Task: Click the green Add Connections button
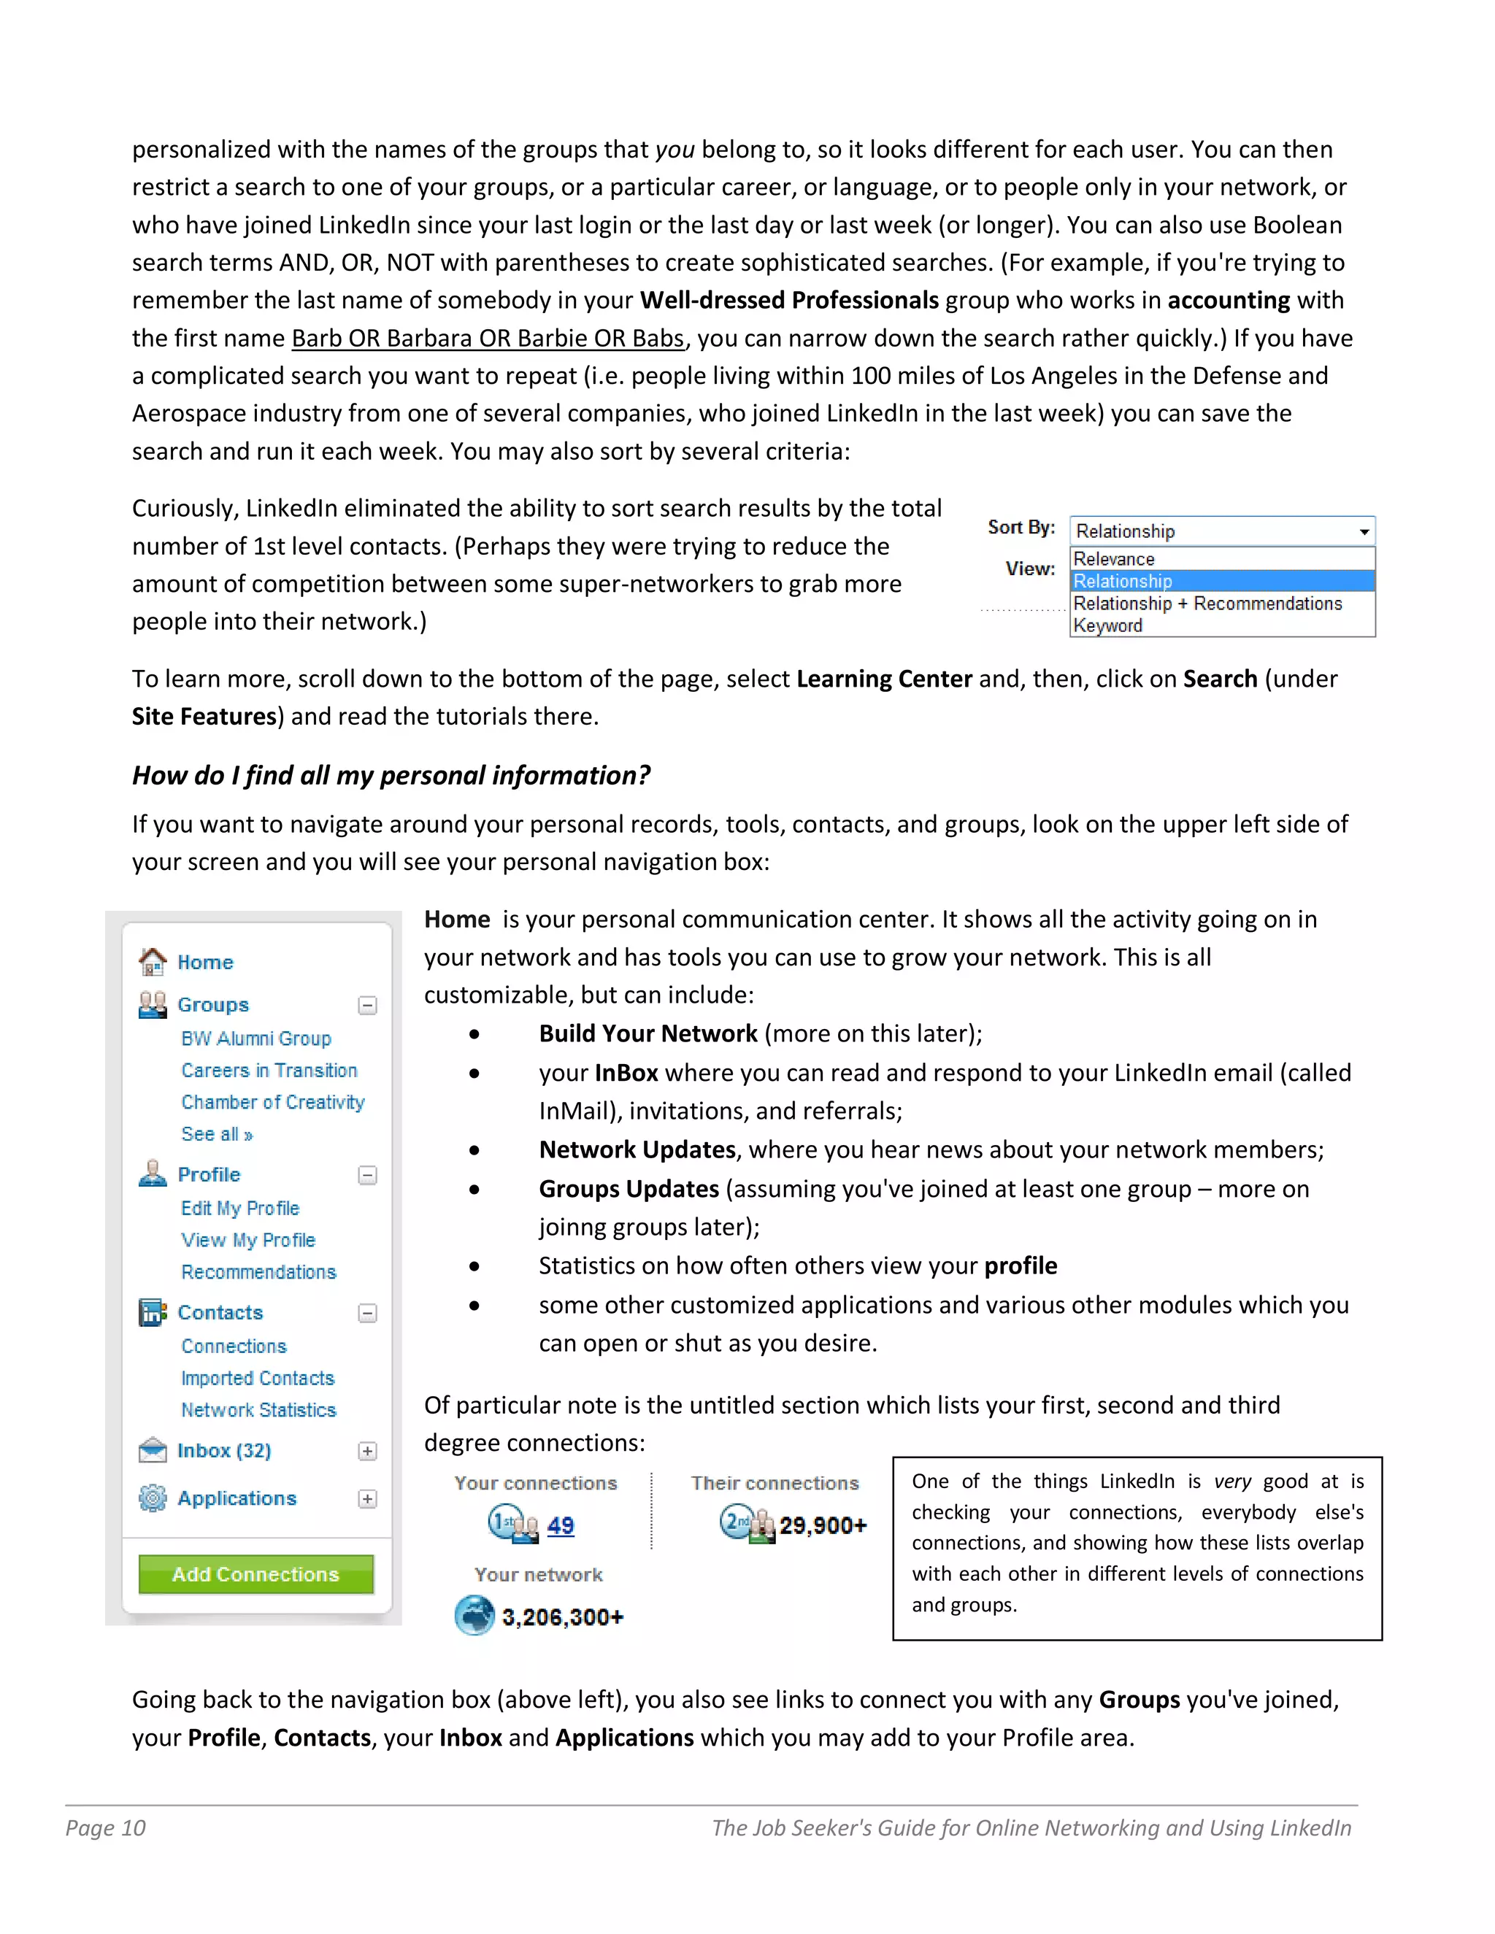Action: pos(256,1573)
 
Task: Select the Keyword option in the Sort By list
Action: pos(1108,625)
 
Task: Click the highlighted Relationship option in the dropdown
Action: pos(1123,581)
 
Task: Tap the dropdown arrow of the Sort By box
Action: pos(1364,531)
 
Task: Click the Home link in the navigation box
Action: pos(205,962)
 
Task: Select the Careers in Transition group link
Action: pos(269,1070)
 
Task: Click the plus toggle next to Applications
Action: pos(368,1498)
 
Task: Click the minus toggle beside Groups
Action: pos(368,1005)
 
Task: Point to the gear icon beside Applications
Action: pos(153,1498)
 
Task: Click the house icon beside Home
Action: pos(153,961)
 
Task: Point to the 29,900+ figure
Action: pos(823,1525)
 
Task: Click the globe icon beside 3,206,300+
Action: pos(474,1615)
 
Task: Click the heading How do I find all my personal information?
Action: pos(391,775)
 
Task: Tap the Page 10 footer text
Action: pos(105,1827)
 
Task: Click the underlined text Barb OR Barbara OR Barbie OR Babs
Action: pos(488,339)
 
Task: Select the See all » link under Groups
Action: pos(217,1133)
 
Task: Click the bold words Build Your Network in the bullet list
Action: pos(648,1033)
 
